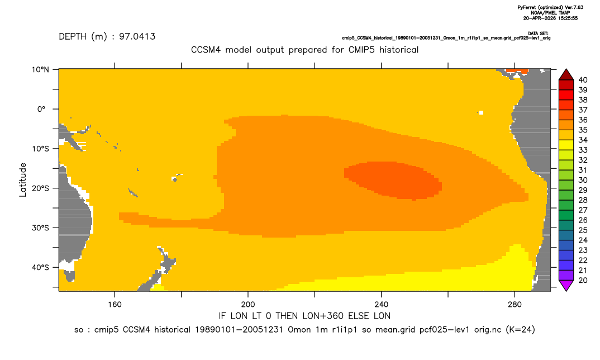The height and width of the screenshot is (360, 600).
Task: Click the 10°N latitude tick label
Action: [x=40, y=70]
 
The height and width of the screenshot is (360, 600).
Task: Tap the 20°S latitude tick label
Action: [x=40, y=188]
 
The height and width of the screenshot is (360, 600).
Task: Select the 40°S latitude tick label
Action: [x=40, y=267]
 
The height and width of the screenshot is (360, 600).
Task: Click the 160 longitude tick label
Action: [x=115, y=305]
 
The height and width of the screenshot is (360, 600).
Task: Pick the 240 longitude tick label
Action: [x=381, y=305]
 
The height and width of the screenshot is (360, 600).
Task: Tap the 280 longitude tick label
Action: [x=515, y=305]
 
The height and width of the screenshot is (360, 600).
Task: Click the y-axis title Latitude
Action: [x=23, y=180]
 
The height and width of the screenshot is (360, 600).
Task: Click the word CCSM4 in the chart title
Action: [x=206, y=50]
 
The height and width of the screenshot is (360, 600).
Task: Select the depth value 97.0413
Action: [x=137, y=37]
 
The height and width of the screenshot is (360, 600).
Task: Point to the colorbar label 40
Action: [x=583, y=80]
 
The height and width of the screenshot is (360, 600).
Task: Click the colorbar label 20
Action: [x=583, y=280]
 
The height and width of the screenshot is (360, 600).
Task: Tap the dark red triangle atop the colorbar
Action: [x=566, y=75]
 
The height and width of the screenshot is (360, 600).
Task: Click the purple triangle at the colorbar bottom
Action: [x=566, y=286]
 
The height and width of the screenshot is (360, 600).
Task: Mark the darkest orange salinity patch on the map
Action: [x=394, y=180]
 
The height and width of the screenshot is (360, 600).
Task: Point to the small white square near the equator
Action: [x=481, y=112]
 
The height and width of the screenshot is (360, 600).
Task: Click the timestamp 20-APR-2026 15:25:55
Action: [x=550, y=18]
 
